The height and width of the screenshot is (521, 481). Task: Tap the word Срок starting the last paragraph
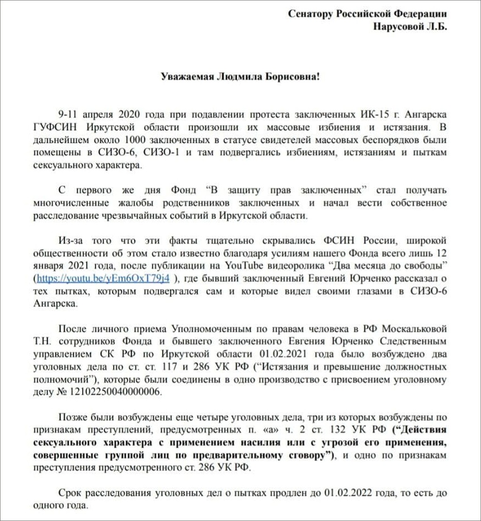70,493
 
